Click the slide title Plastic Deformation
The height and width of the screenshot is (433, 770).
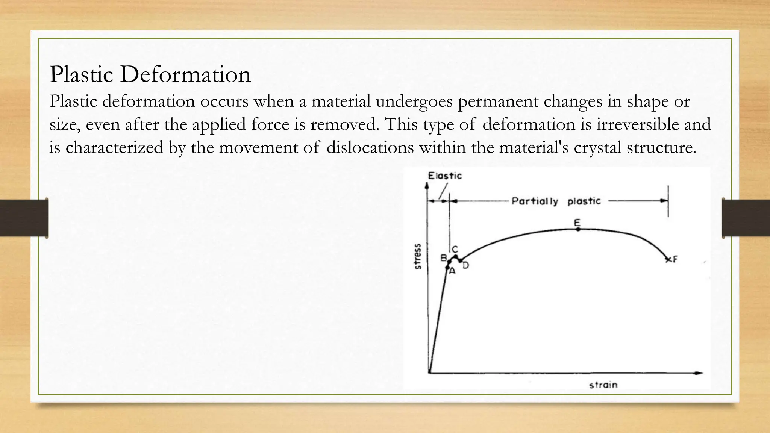[150, 74]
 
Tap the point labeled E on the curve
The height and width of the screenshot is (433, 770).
[578, 229]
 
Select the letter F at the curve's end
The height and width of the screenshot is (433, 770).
[675, 259]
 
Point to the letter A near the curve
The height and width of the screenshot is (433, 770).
[452, 271]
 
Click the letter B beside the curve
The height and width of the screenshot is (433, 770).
[444, 258]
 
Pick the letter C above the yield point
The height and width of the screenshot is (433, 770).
[455, 249]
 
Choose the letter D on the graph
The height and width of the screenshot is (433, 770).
[466, 265]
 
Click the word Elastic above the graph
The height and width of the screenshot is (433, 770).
[445, 176]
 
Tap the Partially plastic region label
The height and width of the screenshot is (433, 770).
[556, 201]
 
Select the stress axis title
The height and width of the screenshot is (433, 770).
[418, 256]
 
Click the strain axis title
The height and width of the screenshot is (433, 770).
[603, 385]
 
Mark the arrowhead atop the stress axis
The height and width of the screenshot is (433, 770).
[426, 185]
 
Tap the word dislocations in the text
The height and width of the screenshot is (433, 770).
[370, 147]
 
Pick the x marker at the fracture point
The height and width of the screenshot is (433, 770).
[668, 260]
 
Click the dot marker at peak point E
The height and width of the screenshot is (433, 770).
[578, 229]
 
